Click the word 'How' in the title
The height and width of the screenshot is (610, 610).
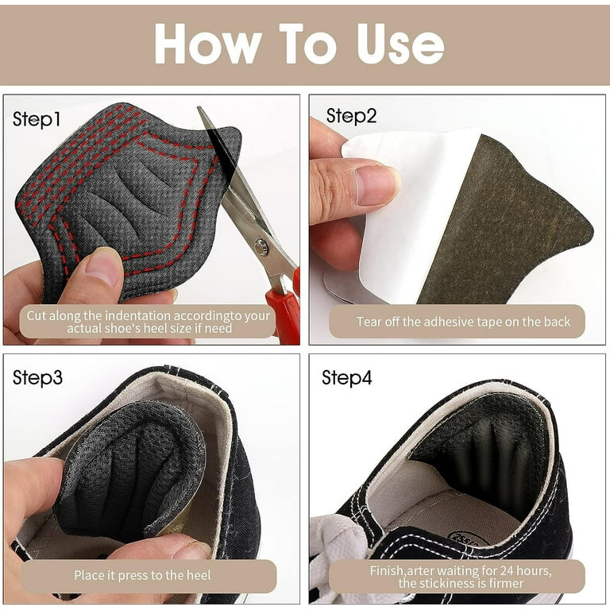208,44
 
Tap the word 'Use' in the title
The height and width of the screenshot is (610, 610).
400,44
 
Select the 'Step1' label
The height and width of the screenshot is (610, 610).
37,119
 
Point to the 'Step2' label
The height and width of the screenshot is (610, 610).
351,116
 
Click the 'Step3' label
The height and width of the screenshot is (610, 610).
37,377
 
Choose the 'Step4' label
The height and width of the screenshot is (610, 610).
346,377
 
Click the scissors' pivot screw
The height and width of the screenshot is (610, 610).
261,246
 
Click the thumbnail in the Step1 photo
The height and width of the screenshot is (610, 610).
102,267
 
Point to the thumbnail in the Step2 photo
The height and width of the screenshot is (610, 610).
376,185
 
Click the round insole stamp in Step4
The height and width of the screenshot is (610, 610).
468,539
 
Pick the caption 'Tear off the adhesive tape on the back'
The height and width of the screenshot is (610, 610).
463,322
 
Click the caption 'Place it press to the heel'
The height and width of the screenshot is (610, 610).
142,575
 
